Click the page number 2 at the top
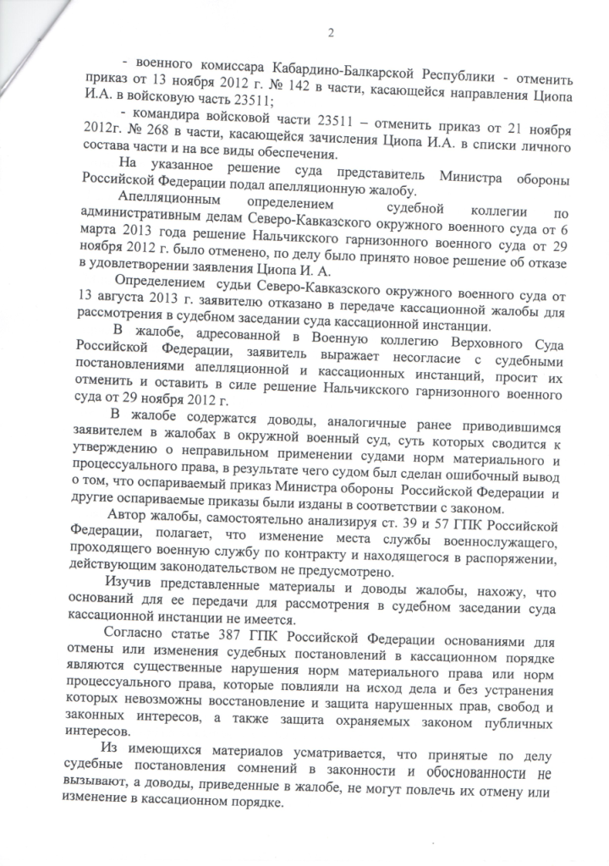(332, 34)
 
